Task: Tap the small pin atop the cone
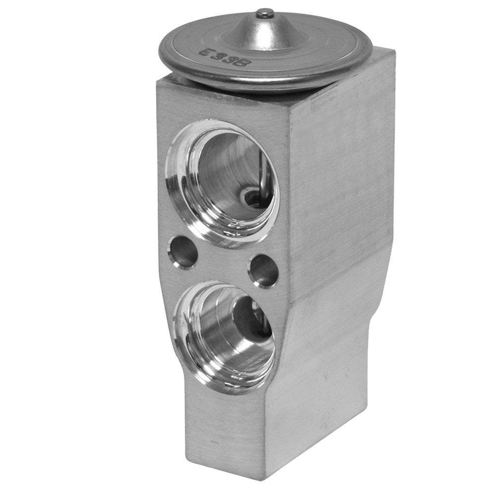(x=266, y=11)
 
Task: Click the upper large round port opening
(x=226, y=179)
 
